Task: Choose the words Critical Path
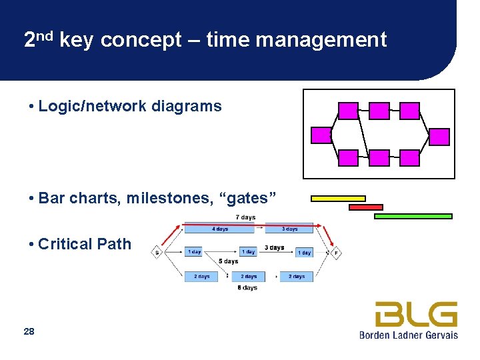click(x=85, y=244)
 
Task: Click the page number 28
click(x=29, y=331)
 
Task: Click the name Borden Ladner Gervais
click(x=408, y=335)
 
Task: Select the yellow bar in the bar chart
click(x=338, y=198)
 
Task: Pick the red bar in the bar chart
click(x=366, y=207)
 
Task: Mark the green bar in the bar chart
click(x=413, y=216)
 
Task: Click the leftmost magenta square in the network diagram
click(x=321, y=135)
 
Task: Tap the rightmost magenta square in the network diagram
click(x=439, y=137)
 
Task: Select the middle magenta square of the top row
click(x=379, y=111)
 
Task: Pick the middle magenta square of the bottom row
click(x=379, y=158)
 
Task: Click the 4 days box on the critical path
click(x=219, y=229)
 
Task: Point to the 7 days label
click(x=245, y=217)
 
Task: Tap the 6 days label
click(x=247, y=288)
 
